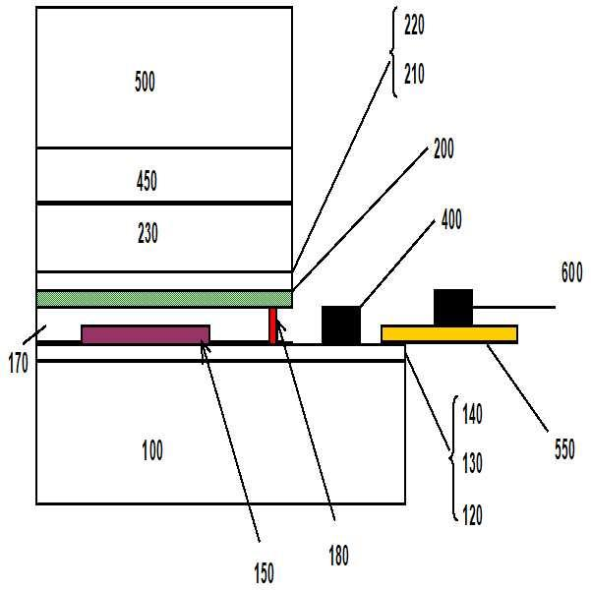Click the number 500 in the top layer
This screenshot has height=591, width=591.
click(x=145, y=82)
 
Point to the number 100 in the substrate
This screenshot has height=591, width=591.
click(x=152, y=451)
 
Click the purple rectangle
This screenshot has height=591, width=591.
click(x=146, y=333)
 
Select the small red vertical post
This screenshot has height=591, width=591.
click(x=273, y=325)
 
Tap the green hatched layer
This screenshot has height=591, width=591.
click(x=164, y=298)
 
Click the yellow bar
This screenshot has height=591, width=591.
click(x=449, y=333)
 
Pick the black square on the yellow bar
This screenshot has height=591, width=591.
click(x=452, y=306)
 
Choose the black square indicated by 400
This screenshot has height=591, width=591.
click(x=341, y=325)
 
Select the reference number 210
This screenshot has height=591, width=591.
click(x=415, y=75)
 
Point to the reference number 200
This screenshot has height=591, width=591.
click(x=443, y=149)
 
